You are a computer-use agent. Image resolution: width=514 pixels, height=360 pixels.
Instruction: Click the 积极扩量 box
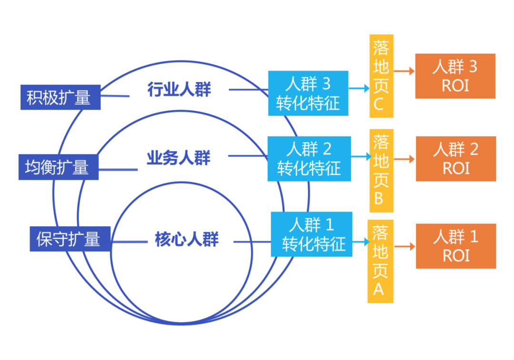60,97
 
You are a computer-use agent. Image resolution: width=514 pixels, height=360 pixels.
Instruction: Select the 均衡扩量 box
59,167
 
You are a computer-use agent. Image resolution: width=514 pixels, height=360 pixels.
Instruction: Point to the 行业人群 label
179,89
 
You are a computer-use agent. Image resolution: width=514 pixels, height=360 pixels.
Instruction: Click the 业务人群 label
178,157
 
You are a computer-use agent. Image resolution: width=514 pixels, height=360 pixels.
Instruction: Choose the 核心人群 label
187,239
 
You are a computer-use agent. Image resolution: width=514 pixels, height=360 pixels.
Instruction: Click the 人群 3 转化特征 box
308,93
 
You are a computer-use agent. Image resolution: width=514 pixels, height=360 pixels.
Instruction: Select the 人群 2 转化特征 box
309,158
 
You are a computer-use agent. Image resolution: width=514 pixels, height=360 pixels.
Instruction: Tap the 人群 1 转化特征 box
312,234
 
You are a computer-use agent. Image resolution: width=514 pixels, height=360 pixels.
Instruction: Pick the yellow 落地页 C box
381,76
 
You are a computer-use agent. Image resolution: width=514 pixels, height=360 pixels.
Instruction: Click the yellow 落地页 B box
381,170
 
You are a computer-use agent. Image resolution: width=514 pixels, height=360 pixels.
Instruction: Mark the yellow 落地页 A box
380,261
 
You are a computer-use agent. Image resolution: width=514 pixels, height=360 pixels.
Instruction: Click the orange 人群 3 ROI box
455,76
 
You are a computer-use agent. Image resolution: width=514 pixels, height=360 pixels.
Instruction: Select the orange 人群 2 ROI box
455,158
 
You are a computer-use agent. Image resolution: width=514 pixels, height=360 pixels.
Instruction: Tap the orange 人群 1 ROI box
455,246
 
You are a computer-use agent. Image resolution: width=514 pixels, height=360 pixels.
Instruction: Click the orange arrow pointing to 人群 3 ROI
404,72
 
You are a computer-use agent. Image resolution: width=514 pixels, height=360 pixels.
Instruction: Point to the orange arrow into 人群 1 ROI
405,246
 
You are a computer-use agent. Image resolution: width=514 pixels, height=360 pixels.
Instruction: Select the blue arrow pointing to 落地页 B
361,156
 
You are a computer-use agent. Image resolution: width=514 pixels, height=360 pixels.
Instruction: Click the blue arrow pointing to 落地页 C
359,88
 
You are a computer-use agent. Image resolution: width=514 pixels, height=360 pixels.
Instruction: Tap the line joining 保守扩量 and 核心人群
129,241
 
